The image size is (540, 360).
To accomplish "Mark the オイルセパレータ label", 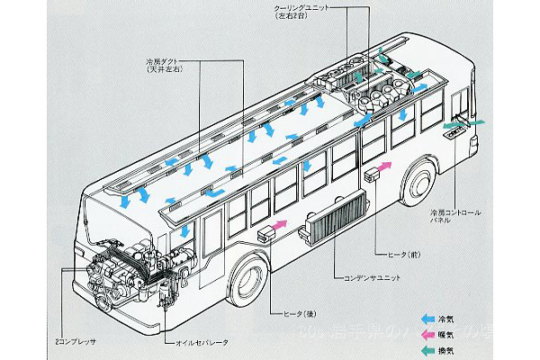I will (x=191, y=343).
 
